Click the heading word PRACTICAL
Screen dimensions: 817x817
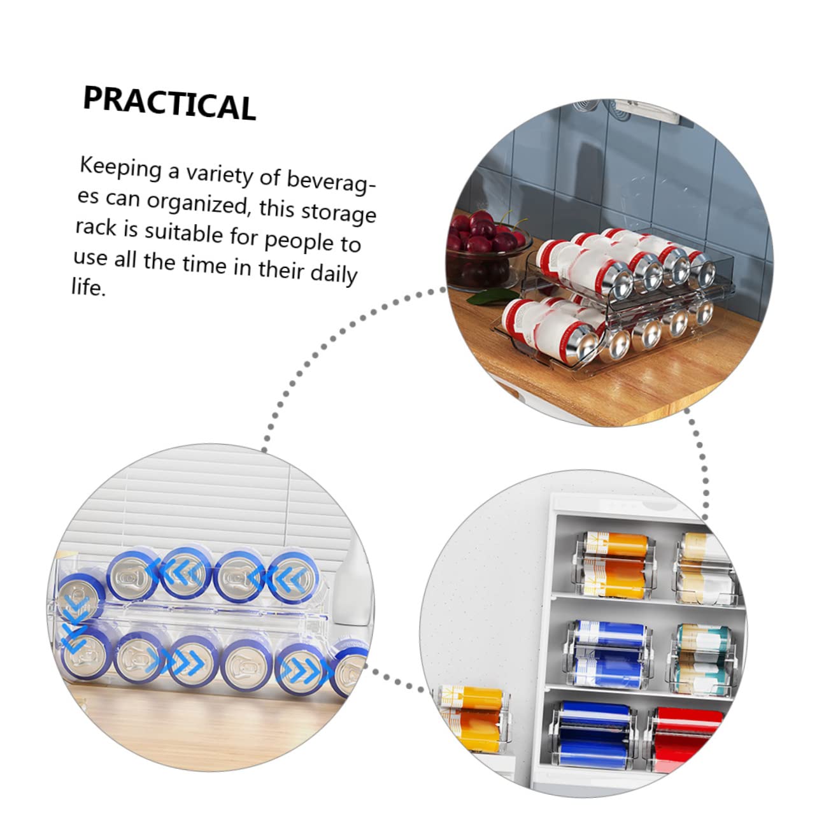pos(169,103)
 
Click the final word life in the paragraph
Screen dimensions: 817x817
pos(87,287)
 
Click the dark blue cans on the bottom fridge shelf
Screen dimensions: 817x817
pos(592,732)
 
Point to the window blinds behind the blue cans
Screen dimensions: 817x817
pos(210,503)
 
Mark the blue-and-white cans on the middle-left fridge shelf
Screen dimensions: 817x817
pos(608,653)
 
